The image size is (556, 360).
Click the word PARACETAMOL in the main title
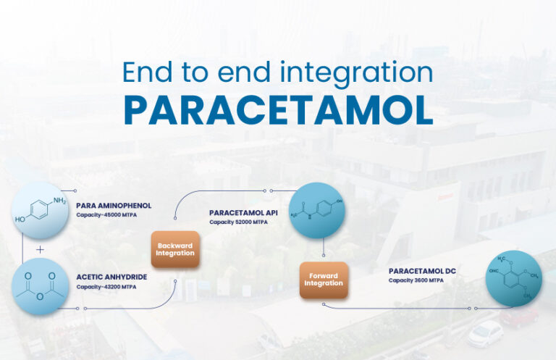(278, 109)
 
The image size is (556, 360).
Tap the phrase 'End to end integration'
(278, 72)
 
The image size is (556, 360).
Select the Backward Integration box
(175, 249)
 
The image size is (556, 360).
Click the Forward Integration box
(324, 280)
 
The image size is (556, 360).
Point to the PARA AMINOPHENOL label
(114, 205)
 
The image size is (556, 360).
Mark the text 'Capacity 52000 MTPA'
(238, 222)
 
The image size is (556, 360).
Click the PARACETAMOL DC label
(421, 270)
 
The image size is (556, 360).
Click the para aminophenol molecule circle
(41, 210)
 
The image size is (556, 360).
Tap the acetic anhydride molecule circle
(41, 288)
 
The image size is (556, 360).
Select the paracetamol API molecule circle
(316, 211)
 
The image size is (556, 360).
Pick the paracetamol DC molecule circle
(513, 279)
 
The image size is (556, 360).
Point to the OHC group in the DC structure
(494, 272)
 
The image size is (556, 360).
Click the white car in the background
(485, 334)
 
